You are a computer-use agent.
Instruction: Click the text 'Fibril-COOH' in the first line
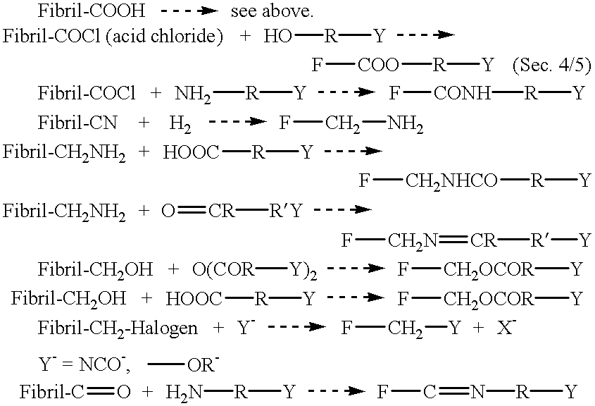tap(91, 11)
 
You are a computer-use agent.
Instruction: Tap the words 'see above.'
tap(272, 11)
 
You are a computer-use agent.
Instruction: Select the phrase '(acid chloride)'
tap(164, 37)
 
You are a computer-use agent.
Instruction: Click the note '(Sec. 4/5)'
tap(552, 66)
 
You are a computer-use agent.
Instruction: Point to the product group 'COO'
tap(378, 65)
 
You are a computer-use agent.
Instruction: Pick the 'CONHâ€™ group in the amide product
tap(462, 93)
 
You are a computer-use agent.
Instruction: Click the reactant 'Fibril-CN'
tap(77, 123)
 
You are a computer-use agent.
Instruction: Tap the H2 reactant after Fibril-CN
tap(180, 124)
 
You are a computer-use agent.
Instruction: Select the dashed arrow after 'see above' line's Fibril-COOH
tap(189, 11)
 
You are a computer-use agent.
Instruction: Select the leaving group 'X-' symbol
tap(506, 327)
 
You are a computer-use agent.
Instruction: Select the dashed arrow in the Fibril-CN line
tap(237, 122)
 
